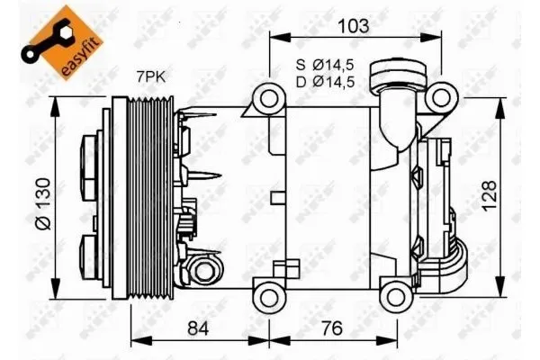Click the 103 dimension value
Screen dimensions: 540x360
tap(354, 26)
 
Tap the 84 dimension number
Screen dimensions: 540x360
tap(198, 328)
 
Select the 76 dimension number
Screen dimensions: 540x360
tap(332, 328)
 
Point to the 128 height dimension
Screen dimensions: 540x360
tap(489, 195)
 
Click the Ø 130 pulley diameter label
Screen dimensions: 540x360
tap(44, 204)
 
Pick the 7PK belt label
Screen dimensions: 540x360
tap(151, 77)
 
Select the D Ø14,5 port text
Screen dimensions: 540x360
tap(325, 82)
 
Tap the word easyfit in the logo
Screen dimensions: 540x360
tap(82, 55)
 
